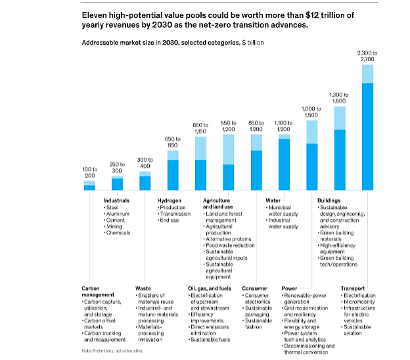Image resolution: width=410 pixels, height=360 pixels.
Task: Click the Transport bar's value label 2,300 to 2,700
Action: click(367, 55)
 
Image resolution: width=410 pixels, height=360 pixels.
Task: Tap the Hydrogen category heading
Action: click(170, 200)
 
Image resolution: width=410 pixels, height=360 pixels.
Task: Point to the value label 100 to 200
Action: click(89, 173)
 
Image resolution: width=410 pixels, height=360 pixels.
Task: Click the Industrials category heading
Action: click(116, 200)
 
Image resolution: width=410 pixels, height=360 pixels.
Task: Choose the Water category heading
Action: click(273, 200)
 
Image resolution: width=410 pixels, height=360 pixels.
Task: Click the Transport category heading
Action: click(353, 288)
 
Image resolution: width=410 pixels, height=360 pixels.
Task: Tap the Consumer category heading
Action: click(254, 288)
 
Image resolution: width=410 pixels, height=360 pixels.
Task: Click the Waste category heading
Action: click(143, 288)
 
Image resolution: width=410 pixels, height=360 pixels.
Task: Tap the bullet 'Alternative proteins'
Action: click(230, 238)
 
